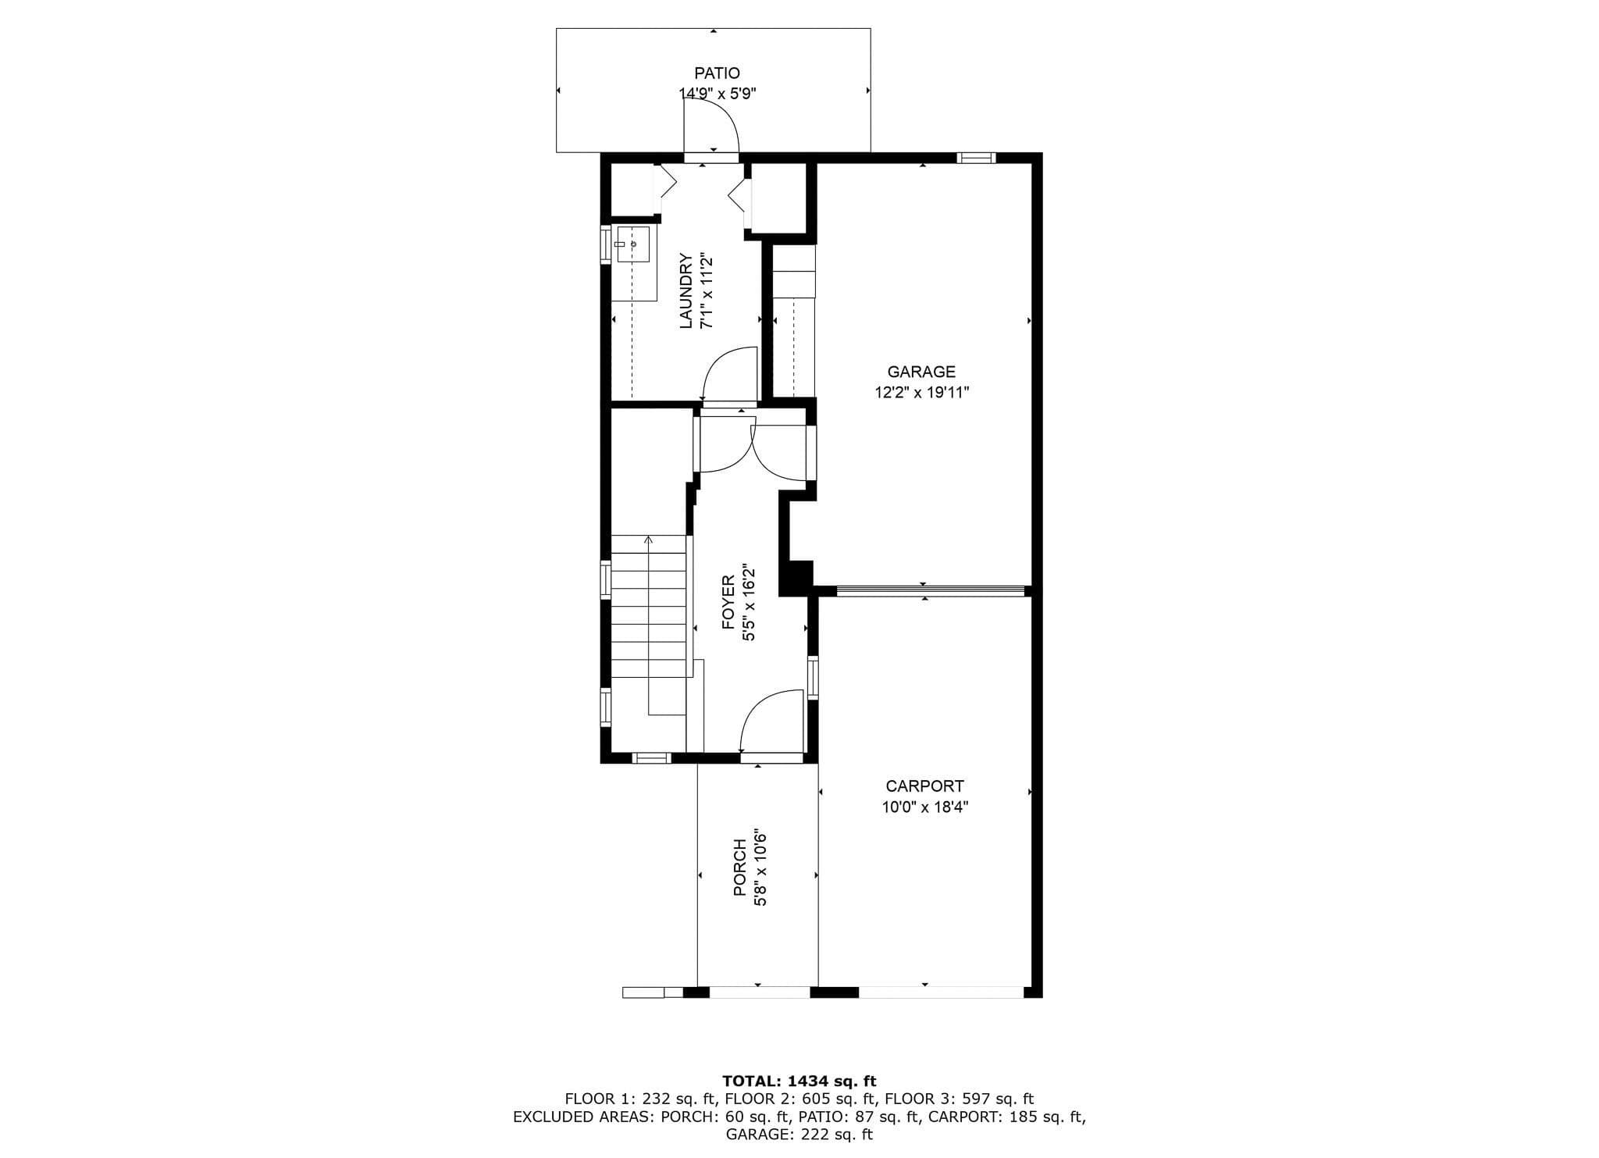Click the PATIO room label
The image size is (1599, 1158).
(x=717, y=73)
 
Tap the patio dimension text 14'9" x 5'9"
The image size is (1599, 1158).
(x=718, y=94)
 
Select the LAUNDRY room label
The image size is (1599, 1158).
(x=686, y=290)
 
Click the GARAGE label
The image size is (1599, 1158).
(x=921, y=372)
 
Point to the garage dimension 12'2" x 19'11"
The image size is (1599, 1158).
(x=921, y=392)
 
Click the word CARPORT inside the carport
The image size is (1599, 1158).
(x=924, y=786)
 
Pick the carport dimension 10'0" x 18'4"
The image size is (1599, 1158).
(x=924, y=807)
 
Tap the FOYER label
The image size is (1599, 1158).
(x=728, y=602)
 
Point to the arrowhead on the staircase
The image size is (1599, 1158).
(x=648, y=539)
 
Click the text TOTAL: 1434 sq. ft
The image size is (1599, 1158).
(x=799, y=1081)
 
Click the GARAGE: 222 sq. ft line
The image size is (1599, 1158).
(x=799, y=1135)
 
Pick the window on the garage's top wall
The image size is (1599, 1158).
(x=976, y=158)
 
